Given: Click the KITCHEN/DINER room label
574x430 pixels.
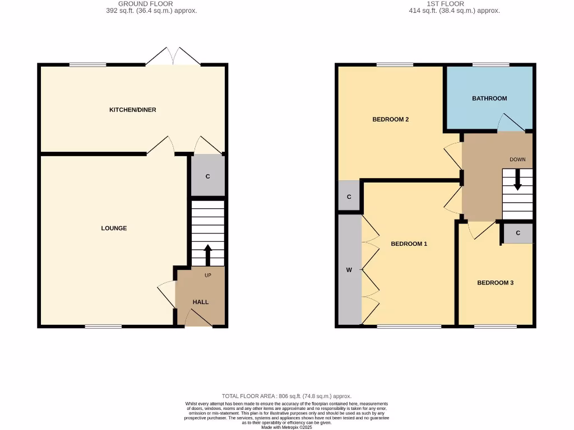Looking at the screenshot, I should click(x=132, y=110).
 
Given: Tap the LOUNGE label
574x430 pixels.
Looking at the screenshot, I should click(x=114, y=228).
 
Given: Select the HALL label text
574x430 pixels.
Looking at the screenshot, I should click(x=201, y=302).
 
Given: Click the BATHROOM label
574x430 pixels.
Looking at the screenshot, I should click(x=489, y=98).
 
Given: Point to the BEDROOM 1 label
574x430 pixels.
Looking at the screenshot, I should click(x=409, y=244).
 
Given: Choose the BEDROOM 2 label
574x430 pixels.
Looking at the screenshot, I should click(x=390, y=119).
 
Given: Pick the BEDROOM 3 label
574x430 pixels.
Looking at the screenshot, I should click(x=495, y=283).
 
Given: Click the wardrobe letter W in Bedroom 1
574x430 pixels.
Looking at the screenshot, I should click(x=349, y=270).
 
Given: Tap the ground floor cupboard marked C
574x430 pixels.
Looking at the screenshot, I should click(x=207, y=176).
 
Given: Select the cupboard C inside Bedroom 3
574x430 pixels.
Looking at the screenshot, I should click(x=517, y=233).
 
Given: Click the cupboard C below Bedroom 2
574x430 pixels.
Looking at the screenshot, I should click(x=349, y=197).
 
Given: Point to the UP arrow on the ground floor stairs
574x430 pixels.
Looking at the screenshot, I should click(x=208, y=255).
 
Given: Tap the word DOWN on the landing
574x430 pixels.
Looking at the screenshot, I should click(x=517, y=160).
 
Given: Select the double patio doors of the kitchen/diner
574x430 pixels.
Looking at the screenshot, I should click(x=174, y=57).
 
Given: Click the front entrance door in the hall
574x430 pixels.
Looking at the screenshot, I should click(x=198, y=319).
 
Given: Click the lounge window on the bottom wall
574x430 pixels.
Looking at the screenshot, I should click(x=103, y=326).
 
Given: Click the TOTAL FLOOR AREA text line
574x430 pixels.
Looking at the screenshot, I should click(x=286, y=396).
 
